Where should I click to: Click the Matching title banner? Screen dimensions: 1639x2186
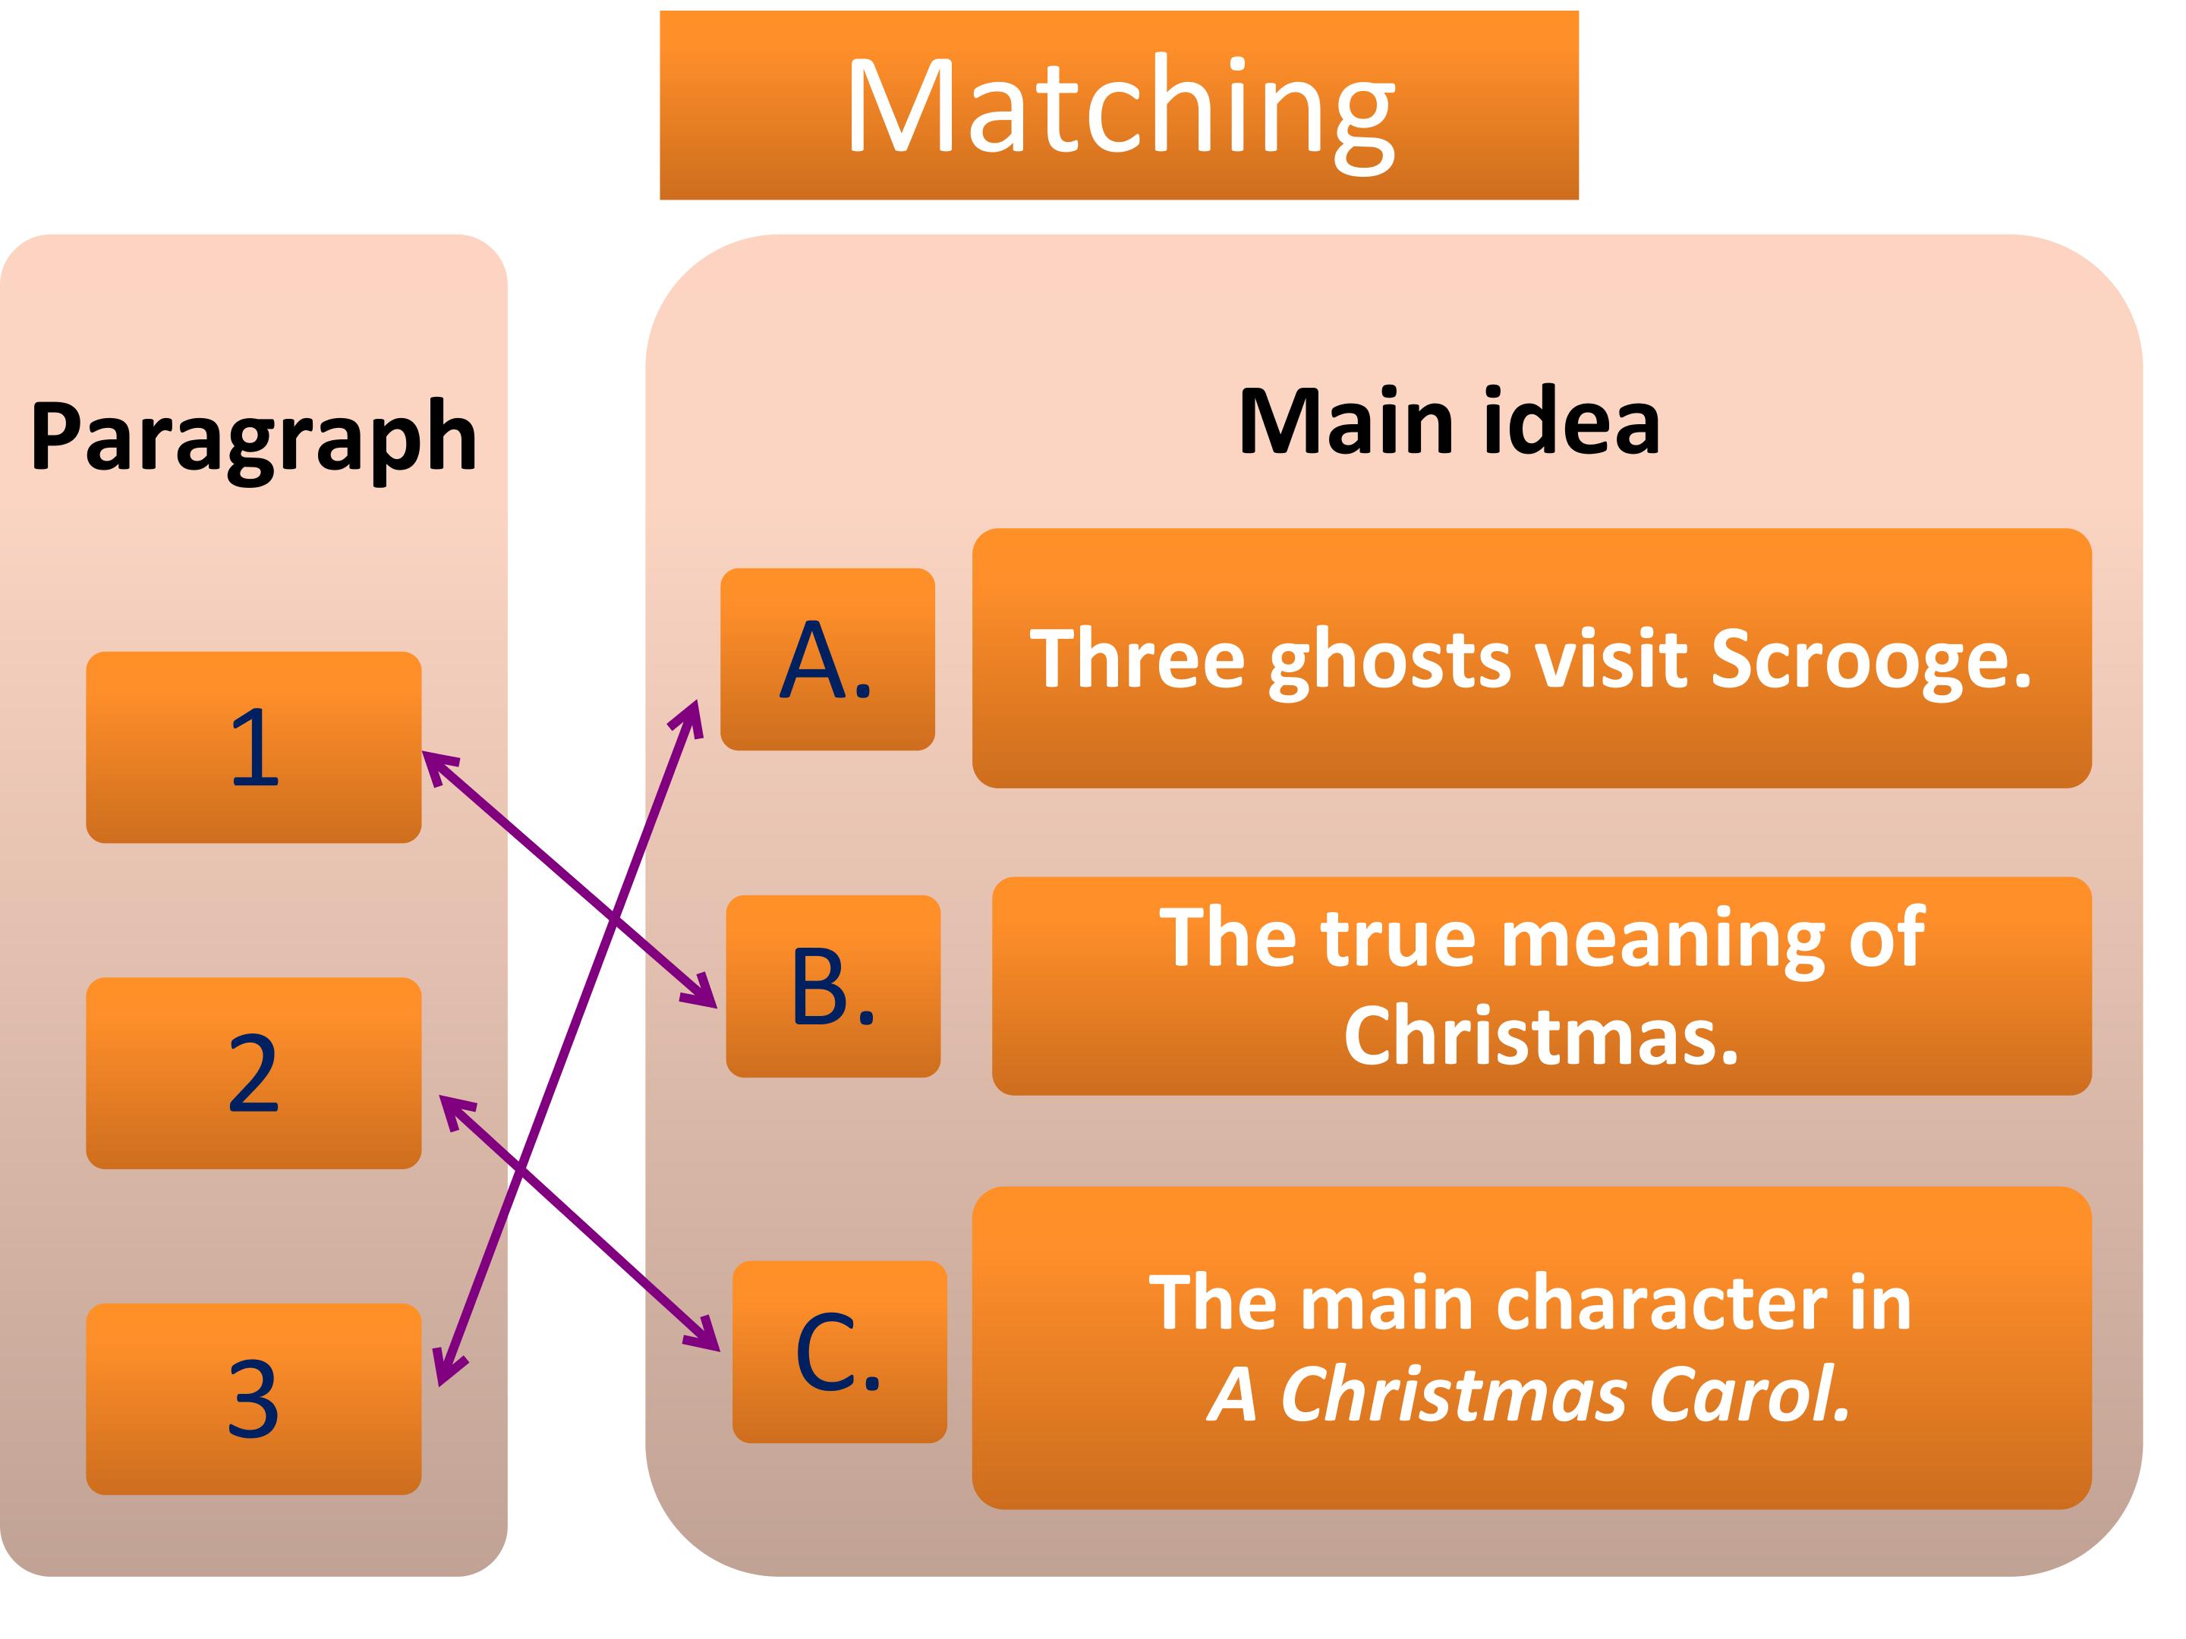(x=1119, y=105)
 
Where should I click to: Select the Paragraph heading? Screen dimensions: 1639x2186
(x=254, y=436)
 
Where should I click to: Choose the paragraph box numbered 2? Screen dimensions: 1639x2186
(x=254, y=1073)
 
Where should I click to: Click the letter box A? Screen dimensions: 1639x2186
(x=827, y=659)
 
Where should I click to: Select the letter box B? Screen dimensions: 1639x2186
(x=833, y=986)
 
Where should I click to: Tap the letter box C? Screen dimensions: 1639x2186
(x=839, y=1351)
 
